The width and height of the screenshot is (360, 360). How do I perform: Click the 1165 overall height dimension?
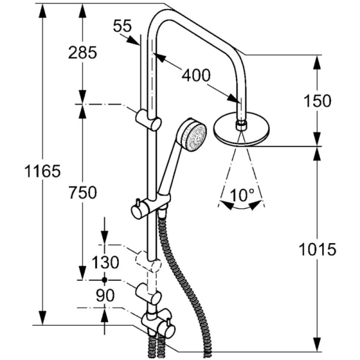[43, 171]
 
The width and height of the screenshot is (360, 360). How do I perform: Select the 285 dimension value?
[83, 53]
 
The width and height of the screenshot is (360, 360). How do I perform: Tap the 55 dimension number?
[122, 26]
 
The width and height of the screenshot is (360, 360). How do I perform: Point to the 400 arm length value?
[196, 75]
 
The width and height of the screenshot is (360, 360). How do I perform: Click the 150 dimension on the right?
[318, 101]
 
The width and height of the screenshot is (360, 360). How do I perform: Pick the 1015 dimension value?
[317, 250]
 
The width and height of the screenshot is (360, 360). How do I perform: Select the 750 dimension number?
[83, 193]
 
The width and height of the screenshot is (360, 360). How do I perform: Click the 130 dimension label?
[106, 262]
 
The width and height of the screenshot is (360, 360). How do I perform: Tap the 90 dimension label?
[105, 295]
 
